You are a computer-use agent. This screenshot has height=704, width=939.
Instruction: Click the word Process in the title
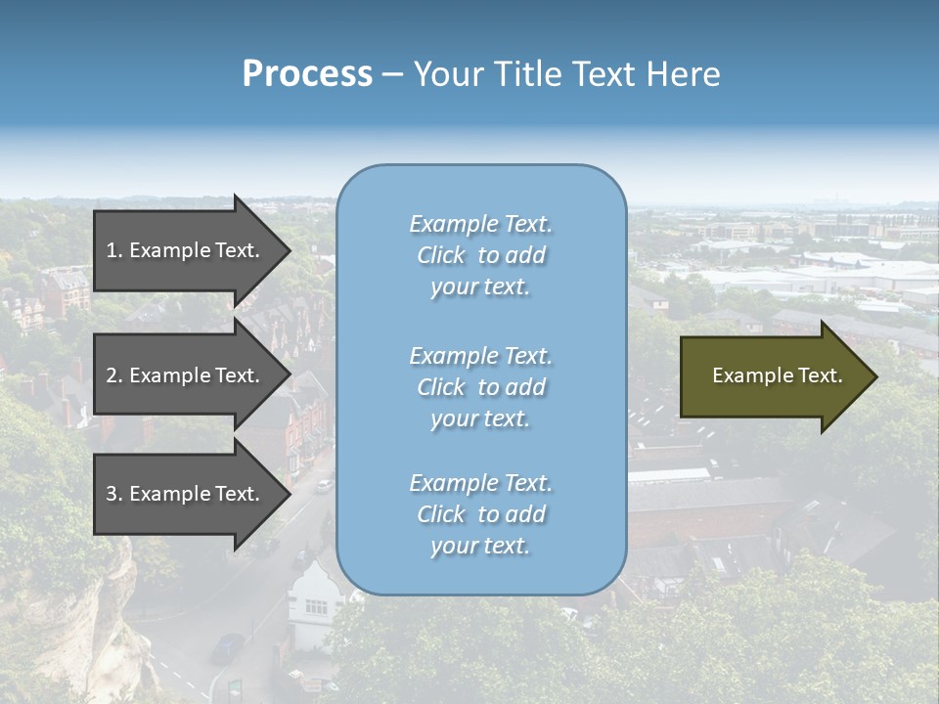pyautogui.click(x=307, y=74)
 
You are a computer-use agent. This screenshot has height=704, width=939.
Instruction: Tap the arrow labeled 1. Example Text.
pyautogui.click(x=186, y=250)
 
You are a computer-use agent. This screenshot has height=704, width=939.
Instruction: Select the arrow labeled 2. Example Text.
pyautogui.click(x=186, y=375)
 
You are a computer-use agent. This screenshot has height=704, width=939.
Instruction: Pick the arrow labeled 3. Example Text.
pyautogui.click(x=186, y=494)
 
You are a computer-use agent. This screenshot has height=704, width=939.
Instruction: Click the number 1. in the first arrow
pyautogui.click(x=114, y=250)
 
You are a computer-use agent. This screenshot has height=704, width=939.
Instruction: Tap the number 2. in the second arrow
pyautogui.click(x=114, y=375)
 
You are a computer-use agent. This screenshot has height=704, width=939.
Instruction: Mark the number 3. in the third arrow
pyautogui.click(x=114, y=494)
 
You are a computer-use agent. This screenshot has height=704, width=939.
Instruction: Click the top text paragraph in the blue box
pyautogui.click(x=480, y=255)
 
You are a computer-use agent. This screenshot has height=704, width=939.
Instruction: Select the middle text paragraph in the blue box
pyautogui.click(x=480, y=387)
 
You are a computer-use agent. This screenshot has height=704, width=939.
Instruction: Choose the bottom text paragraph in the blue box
pyautogui.click(x=480, y=514)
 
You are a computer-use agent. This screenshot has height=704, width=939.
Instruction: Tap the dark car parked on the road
pyautogui.click(x=227, y=646)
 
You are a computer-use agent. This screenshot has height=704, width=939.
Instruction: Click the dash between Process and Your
pyautogui.click(x=392, y=75)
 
